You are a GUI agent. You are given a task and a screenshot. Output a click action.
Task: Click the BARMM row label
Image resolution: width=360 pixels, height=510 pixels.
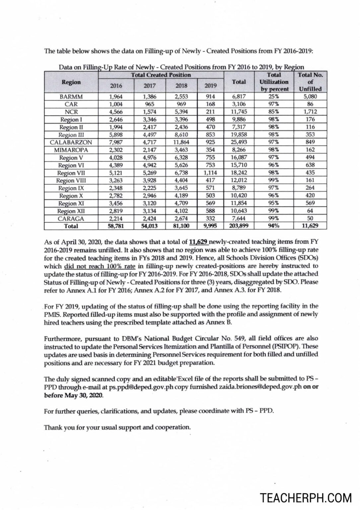tap(71, 97)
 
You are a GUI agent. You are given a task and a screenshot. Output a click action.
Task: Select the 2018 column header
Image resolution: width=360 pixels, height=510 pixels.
tap(181, 86)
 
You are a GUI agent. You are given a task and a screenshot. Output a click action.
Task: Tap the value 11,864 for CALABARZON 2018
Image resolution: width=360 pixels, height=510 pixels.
tap(181, 142)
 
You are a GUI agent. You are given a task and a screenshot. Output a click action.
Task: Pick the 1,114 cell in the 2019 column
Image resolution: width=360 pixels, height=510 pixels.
tap(210, 173)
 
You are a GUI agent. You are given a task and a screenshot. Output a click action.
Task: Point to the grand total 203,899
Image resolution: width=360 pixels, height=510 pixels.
tap(239, 226)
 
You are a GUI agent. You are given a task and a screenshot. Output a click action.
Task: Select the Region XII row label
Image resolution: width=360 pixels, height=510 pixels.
tap(71, 211)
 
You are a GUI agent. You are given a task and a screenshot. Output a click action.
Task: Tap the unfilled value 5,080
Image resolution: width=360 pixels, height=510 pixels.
tap(310, 97)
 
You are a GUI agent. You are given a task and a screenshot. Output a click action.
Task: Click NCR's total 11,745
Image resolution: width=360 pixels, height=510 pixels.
tap(239, 112)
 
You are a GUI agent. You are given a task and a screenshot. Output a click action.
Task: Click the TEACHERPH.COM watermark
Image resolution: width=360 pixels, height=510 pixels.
tap(306, 498)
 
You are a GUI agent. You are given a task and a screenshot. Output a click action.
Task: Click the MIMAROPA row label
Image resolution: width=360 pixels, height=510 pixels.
tap(71, 150)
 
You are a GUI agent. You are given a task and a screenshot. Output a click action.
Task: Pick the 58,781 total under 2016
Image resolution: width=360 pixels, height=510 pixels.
tap(116, 226)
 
